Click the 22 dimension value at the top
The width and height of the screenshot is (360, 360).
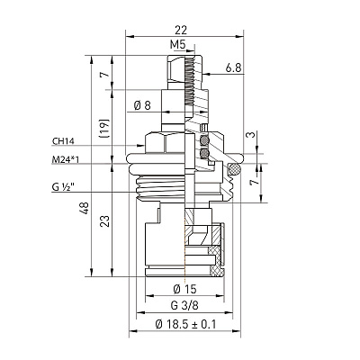tap(181, 30)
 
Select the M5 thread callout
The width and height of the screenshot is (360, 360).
tap(178, 45)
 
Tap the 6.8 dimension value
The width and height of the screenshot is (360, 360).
tap(233, 68)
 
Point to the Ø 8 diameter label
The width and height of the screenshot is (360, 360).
tap(142, 105)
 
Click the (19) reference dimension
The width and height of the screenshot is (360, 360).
tap(104, 129)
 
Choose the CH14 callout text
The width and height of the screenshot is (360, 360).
tap(63, 141)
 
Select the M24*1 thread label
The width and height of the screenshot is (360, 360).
tap(66, 159)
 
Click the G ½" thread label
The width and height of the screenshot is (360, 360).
tap(63, 187)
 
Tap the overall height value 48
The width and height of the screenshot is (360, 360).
tap(85, 208)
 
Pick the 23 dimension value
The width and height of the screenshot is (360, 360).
tap(104, 220)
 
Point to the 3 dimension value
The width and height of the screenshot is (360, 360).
tap(251, 134)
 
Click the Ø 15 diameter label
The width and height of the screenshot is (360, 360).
tap(184, 289)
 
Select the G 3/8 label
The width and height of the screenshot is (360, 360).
tap(184, 306)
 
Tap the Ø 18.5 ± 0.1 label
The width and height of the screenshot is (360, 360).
tap(185, 324)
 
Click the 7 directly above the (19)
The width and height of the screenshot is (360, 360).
tap(104, 74)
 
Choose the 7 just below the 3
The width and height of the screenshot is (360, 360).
tap(254, 182)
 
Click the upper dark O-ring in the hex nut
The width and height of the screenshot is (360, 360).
tap(204, 140)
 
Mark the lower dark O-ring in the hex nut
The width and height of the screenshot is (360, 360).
tap(204, 154)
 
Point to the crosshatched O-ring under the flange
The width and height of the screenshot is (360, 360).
tap(234, 169)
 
